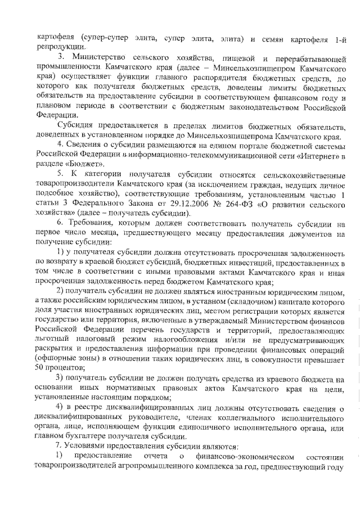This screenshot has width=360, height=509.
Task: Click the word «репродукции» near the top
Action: click(x=56, y=48)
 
